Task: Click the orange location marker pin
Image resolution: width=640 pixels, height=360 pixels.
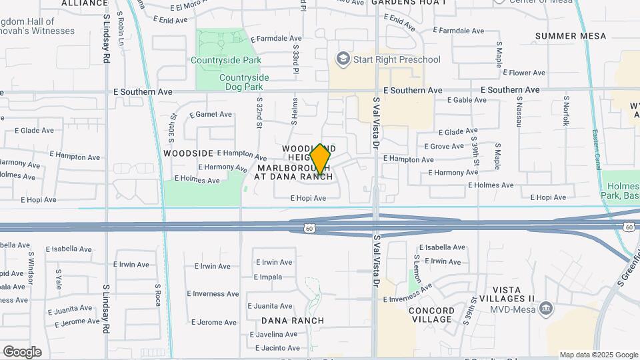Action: click(x=321, y=160)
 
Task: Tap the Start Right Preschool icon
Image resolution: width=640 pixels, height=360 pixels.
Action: click(x=343, y=59)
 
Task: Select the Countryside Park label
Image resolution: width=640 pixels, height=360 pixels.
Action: click(x=226, y=60)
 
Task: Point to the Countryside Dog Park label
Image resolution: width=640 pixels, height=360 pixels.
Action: click(x=244, y=82)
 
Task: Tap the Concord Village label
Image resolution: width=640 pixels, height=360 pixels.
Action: click(x=431, y=315)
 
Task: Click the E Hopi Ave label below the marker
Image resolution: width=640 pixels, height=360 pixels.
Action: click(x=308, y=198)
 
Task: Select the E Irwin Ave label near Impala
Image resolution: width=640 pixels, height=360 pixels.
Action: click(x=273, y=262)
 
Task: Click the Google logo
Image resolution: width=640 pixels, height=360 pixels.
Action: click(x=22, y=351)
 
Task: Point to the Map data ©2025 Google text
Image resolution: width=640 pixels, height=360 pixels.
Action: click(x=599, y=355)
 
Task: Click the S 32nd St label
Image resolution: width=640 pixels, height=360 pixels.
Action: click(x=259, y=117)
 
